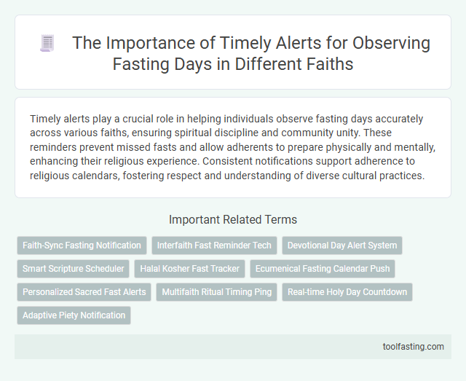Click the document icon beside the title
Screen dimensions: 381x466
[46, 44]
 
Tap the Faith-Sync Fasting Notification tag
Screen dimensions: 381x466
[82, 246]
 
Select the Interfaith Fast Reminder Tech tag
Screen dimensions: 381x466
[213, 246]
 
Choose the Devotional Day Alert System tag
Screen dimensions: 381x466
[341, 246]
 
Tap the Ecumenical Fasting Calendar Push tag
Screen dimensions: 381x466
[322, 269]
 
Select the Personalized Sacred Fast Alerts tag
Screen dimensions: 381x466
[84, 292]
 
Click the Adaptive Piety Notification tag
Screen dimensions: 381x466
[74, 315]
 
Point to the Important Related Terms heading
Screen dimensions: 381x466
[233, 219]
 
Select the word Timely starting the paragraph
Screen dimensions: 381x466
[46, 118]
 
